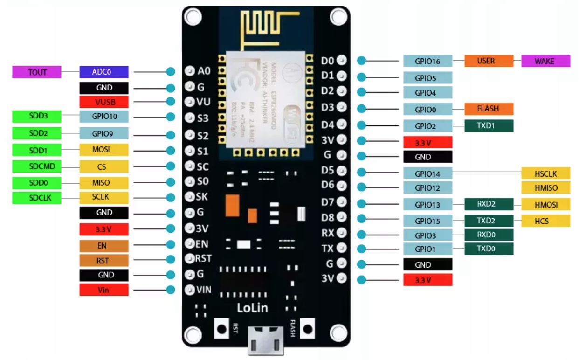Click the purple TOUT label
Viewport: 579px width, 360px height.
point(37,72)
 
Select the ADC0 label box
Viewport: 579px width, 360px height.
point(103,72)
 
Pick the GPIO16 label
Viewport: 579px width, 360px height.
point(427,61)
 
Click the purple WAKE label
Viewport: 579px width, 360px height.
point(545,61)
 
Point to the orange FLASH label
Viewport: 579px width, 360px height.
point(489,109)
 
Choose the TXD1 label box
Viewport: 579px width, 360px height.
point(489,125)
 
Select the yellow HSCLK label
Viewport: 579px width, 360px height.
point(545,173)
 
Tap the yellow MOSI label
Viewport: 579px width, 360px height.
point(103,150)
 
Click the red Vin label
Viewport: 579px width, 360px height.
point(103,290)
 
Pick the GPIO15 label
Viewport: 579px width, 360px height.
point(427,221)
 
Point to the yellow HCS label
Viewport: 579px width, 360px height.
point(545,221)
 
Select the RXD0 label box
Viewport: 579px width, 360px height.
point(489,235)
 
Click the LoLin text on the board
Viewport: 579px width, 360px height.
point(252,308)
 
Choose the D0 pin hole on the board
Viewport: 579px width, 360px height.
point(342,60)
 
